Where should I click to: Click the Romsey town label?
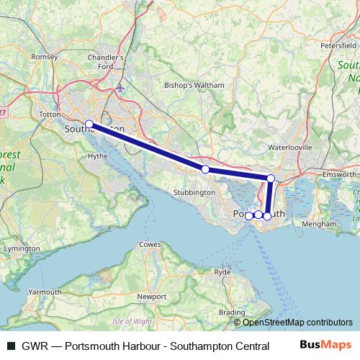(45, 56)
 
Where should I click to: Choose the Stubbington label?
(195, 192)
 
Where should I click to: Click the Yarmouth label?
(45, 292)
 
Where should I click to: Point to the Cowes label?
(150, 245)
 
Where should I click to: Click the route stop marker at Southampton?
(89, 124)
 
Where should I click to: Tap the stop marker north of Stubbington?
(205, 169)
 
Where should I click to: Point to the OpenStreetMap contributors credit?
(297, 323)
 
